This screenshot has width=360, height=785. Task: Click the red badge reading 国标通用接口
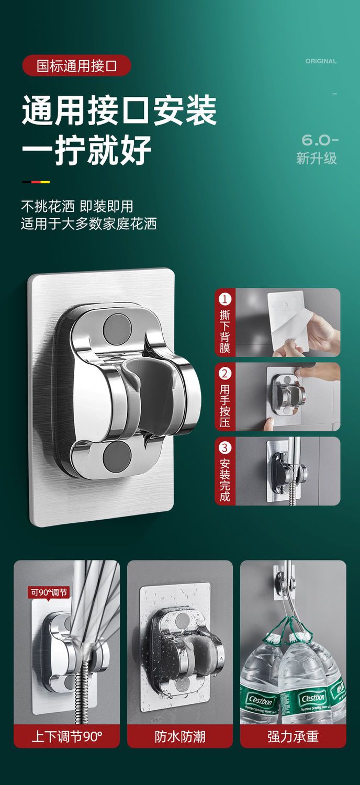tap(76, 65)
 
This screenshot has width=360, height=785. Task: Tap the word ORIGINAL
tap(321, 61)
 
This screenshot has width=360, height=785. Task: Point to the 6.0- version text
tap(320, 140)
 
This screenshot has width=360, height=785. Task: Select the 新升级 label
tap(317, 158)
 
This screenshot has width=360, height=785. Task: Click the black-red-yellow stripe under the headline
tap(36, 182)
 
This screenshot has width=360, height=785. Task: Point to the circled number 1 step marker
tap(224, 299)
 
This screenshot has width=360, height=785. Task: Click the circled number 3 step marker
tap(224, 447)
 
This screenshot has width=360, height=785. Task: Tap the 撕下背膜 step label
tap(224, 331)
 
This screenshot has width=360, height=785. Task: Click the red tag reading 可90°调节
tap(49, 592)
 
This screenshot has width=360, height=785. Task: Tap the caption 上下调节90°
tap(67, 736)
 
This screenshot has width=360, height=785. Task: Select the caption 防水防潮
tap(180, 736)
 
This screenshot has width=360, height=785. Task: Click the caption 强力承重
tap(293, 736)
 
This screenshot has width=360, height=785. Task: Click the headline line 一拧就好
tap(86, 150)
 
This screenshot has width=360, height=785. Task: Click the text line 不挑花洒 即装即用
tap(77, 206)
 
